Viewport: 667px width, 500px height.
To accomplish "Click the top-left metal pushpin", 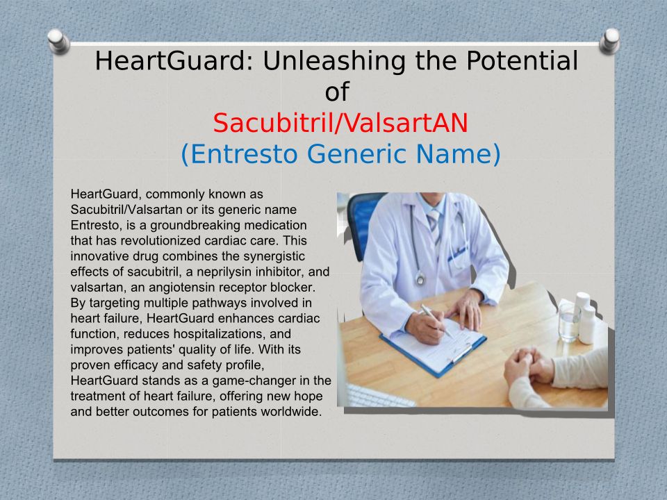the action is tap(58, 41).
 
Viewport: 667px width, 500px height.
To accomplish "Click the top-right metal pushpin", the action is tap(609, 41).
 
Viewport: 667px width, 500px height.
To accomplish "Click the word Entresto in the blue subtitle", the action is tap(244, 153).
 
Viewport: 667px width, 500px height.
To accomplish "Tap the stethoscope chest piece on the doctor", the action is tap(420, 279).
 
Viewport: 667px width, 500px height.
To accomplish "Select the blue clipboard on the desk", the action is tap(434, 347).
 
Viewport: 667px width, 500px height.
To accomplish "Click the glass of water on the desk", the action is tap(569, 322).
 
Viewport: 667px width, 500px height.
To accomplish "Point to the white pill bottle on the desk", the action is tap(588, 324).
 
